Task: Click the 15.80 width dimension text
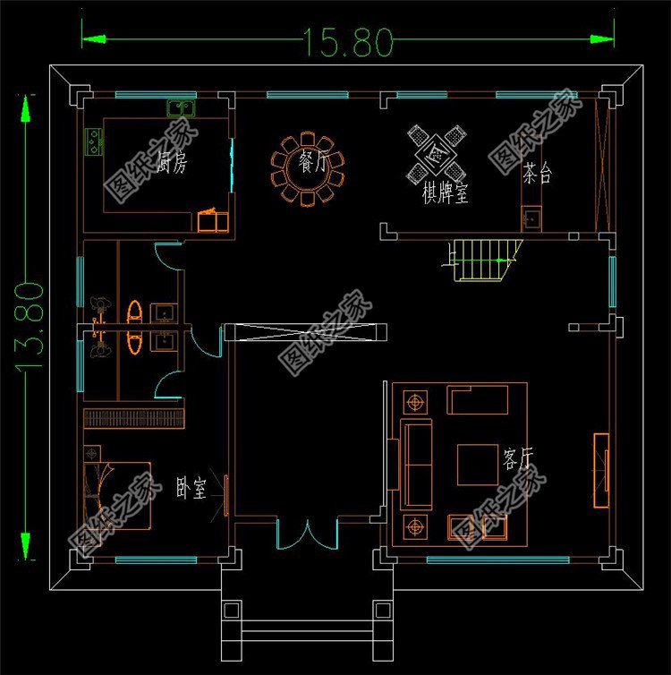[x=348, y=41]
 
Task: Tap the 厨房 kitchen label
[x=171, y=163]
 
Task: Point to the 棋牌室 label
[x=445, y=192]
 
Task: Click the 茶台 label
[x=538, y=173]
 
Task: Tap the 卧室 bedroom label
[x=191, y=489]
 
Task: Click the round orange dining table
[x=308, y=169]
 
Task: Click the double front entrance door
[x=307, y=534]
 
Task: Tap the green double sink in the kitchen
[x=183, y=108]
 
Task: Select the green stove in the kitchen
[x=93, y=141]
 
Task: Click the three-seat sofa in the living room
[x=416, y=464]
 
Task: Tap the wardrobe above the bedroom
[x=134, y=418]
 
